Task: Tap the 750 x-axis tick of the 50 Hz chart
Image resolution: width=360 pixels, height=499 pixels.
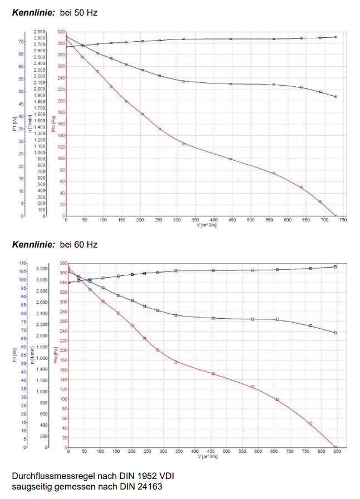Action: coord(343,220)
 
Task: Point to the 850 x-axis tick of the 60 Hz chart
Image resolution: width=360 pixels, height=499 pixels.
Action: coord(337,451)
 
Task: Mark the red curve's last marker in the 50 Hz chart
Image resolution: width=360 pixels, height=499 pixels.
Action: coord(336,216)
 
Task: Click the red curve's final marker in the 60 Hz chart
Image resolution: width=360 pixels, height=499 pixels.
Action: coord(336,447)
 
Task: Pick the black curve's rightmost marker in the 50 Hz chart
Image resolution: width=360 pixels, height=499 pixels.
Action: coord(336,37)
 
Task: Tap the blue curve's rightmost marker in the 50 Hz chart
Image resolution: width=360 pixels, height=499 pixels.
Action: coord(336,97)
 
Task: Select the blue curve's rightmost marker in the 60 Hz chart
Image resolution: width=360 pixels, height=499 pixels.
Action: coord(336,333)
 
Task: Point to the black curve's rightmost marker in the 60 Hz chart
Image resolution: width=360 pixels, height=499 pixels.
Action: coord(336,266)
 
